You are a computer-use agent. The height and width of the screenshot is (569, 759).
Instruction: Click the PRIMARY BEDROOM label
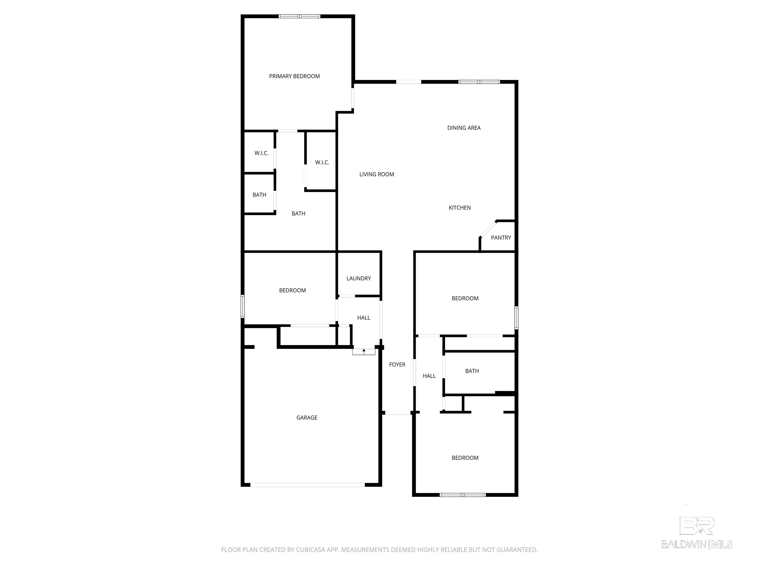pos(295,76)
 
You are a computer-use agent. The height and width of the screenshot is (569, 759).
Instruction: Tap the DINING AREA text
pos(464,128)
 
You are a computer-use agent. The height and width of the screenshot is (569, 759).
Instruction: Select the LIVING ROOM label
pos(377,174)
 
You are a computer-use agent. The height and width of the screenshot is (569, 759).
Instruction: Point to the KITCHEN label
pos(460,207)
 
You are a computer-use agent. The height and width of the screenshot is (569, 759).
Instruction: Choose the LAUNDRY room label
pos(358,278)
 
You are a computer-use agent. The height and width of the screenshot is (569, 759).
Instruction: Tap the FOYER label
pos(397,365)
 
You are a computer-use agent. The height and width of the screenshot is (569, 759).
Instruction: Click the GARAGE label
pos(307,417)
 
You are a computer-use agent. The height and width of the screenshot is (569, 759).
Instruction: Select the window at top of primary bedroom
pos(299,16)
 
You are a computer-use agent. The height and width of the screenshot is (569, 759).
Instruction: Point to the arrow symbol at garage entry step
pos(364,351)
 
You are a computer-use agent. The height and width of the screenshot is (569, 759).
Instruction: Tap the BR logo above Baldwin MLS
pos(697,526)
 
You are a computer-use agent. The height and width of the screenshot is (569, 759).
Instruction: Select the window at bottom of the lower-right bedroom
pos(463,495)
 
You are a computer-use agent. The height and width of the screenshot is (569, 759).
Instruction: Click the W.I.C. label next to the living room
pos(322,162)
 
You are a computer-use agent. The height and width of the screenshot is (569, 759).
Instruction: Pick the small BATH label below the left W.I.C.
pos(259,195)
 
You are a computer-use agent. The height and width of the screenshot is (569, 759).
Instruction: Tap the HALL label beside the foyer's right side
pos(429,376)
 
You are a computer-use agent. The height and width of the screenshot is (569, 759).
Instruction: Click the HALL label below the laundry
pos(364,318)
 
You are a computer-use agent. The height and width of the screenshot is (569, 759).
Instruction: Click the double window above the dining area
pos(479,82)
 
